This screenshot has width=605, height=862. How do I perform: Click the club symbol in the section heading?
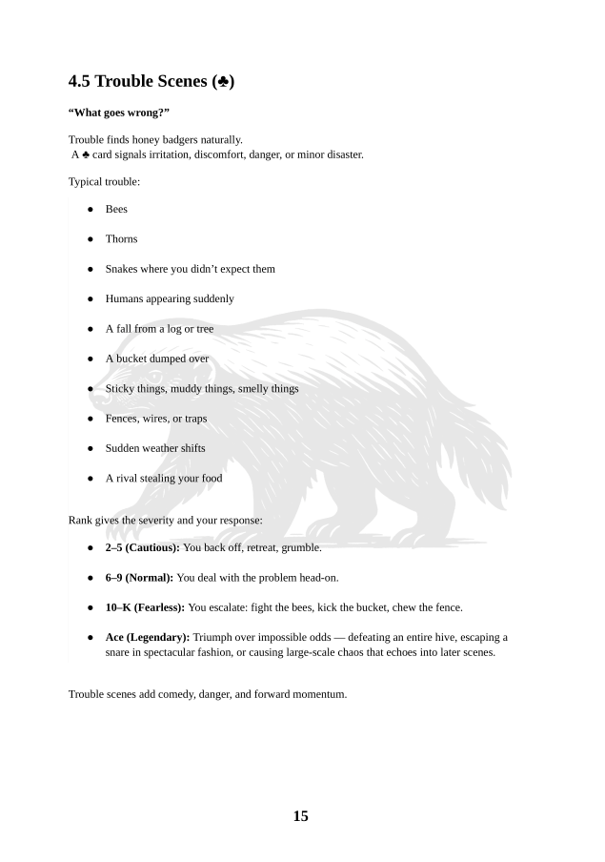click(x=225, y=82)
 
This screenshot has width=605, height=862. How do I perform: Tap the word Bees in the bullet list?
click(x=116, y=209)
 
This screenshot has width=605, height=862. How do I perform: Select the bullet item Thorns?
click(x=121, y=238)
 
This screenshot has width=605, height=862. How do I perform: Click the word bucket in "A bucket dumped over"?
click(x=133, y=359)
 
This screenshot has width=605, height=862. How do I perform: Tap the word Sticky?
click(x=120, y=388)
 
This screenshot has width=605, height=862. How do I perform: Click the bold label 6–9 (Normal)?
click(x=140, y=577)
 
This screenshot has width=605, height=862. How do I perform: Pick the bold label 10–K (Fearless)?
click(x=145, y=606)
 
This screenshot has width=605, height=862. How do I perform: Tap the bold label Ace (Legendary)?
click(x=148, y=637)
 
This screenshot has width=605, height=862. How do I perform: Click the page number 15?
click(x=300, y=816)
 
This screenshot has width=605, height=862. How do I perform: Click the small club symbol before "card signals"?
click(x=85, y=154)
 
